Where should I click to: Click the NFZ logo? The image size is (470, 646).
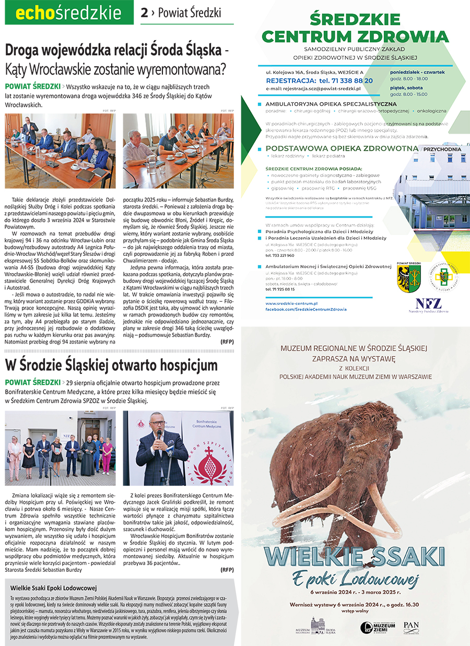pos(428,304)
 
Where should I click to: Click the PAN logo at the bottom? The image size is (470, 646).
pos(411,626)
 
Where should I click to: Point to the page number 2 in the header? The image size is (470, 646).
pos(144,13)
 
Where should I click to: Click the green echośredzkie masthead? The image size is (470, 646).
pos(68,13)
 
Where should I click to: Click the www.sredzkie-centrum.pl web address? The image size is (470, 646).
pos(291,303)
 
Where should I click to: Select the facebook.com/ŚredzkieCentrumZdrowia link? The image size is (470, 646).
pos(305,309)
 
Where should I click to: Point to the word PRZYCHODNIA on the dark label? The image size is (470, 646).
pos(442,149)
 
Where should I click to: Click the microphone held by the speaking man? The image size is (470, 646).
pos(159,434)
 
